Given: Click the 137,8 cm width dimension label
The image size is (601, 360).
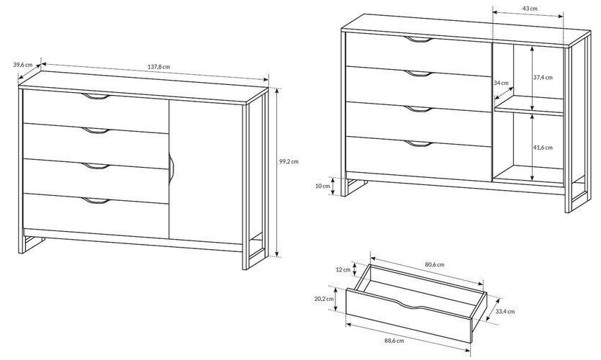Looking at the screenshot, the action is pos(158,67).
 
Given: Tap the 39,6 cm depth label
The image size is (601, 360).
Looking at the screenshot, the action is pos(22,65).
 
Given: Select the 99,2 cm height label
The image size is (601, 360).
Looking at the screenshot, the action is pos(289,161).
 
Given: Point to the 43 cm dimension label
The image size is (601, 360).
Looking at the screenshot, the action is pos(529,9).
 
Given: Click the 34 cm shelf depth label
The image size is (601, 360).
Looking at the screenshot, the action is pos(501,82).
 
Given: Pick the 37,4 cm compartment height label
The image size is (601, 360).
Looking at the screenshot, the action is pos(543,77).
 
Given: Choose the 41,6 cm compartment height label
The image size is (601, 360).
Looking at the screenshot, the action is pos(543,147).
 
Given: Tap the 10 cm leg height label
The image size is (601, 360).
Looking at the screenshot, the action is pos(322,186).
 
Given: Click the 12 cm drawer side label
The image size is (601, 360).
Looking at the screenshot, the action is pos(343,269).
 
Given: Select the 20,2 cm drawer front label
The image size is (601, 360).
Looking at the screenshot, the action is pos(324,299).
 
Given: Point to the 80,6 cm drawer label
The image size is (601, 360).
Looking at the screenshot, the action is pos(435,264).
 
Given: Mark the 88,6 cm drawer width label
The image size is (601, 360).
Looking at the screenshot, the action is pos(394,340).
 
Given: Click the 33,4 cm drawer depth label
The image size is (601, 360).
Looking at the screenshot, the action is pos(505,312).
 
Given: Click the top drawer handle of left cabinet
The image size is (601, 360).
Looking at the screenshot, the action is pos(96,96).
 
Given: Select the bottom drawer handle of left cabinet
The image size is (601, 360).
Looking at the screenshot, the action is pos(96,200).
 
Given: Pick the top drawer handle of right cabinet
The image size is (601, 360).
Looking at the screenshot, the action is pos(419,40).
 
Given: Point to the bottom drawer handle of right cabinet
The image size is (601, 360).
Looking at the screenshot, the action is pos(419,144).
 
